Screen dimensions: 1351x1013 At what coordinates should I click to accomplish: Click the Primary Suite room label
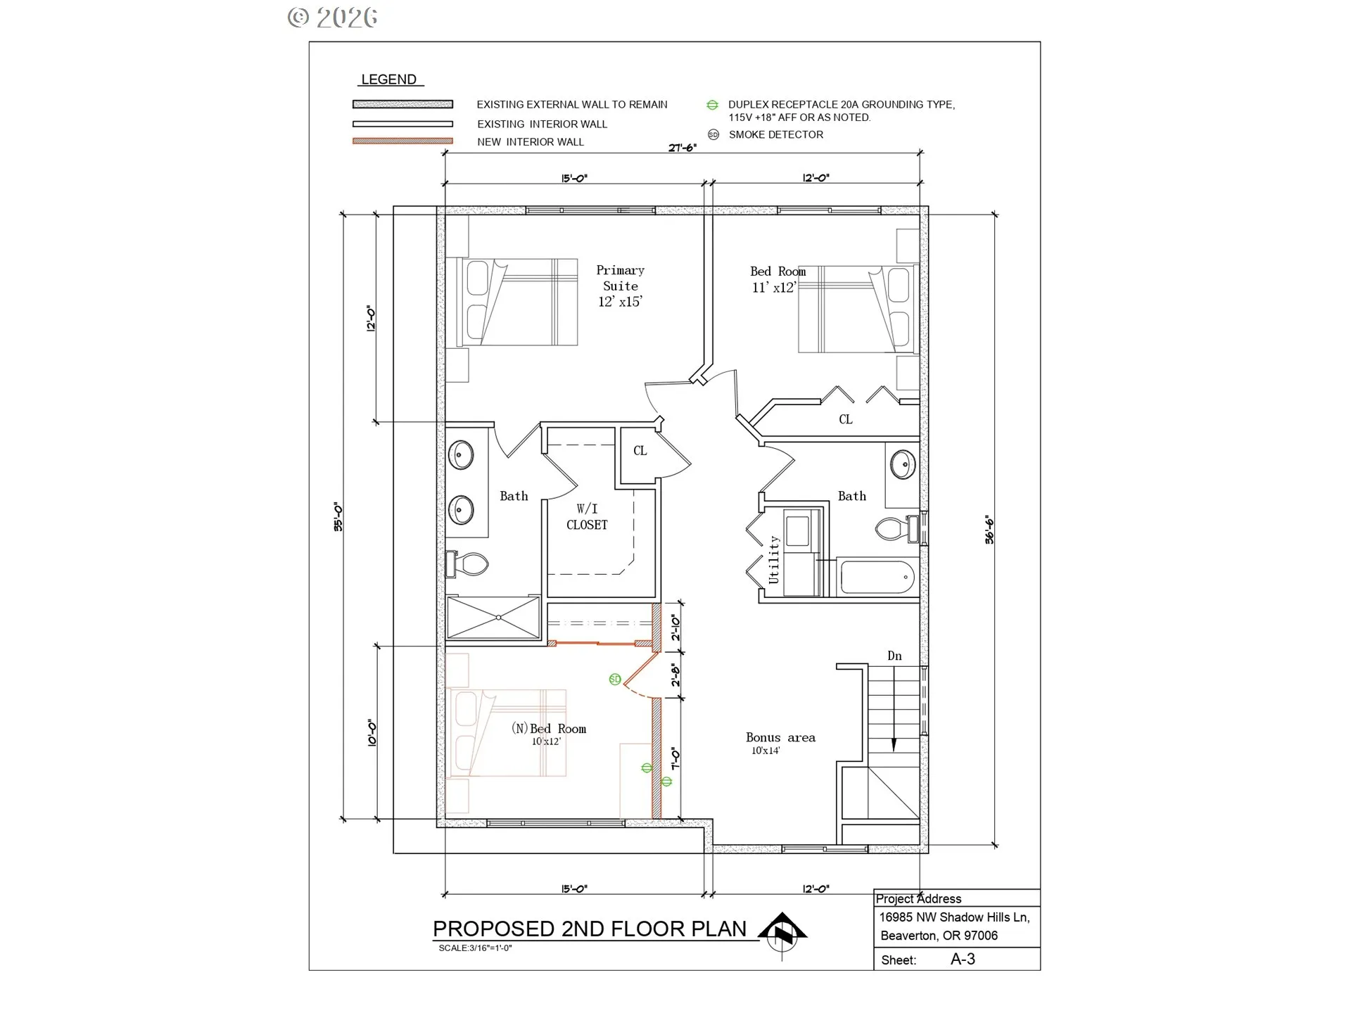(620, 286)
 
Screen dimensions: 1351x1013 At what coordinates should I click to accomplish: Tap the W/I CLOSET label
(587, 516)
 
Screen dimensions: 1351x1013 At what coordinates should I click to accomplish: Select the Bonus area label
(780, 737)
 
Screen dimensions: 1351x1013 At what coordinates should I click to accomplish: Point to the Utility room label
(774, 559)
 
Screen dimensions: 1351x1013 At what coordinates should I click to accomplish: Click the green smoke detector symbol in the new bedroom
(615, 679)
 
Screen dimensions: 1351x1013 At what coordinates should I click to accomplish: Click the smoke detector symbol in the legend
(713, 134)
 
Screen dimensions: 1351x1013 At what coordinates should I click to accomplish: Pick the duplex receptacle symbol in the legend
(712, 105)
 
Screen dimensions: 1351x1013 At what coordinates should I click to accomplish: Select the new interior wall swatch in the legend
(402, 141)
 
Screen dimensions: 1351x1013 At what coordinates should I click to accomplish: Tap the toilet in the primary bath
(467, 563)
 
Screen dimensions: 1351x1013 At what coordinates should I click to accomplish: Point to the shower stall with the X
(493, 618)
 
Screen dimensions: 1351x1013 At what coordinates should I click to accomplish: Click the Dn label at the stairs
(894, 656)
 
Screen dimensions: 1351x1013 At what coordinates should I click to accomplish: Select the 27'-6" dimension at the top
(683, 148)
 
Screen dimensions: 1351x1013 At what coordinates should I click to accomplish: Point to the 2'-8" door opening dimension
(675, 675)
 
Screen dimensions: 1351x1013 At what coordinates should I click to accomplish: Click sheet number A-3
(963, 959)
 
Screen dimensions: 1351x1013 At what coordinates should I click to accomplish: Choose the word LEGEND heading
(388, 79)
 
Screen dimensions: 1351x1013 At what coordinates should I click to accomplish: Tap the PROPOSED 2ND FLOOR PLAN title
(589, 929)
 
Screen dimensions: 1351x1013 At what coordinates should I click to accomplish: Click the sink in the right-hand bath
(903, 464)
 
